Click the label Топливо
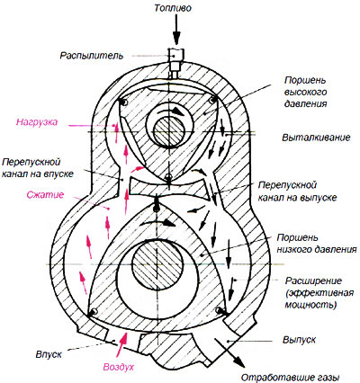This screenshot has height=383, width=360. coord(173,8)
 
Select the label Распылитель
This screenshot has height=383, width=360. coord(92,56)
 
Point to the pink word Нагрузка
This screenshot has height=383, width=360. coord(37,122)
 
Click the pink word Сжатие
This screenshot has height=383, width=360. coord(45,195)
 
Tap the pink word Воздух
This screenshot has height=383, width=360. coord(119,367)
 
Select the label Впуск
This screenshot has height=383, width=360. coord(49,354)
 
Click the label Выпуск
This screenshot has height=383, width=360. coord(299,340)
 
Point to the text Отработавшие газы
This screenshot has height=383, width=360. coord(290,378)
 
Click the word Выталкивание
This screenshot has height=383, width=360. coord(316,138)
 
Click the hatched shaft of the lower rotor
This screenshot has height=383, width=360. coord(157,264)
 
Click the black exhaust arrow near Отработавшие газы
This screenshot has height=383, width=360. coord(230,352)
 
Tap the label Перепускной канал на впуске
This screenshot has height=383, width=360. coord(38,168)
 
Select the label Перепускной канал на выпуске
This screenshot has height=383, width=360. coord(298,191)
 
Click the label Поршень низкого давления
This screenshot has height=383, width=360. coord(317,244)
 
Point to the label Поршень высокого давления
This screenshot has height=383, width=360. coord(305,92)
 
